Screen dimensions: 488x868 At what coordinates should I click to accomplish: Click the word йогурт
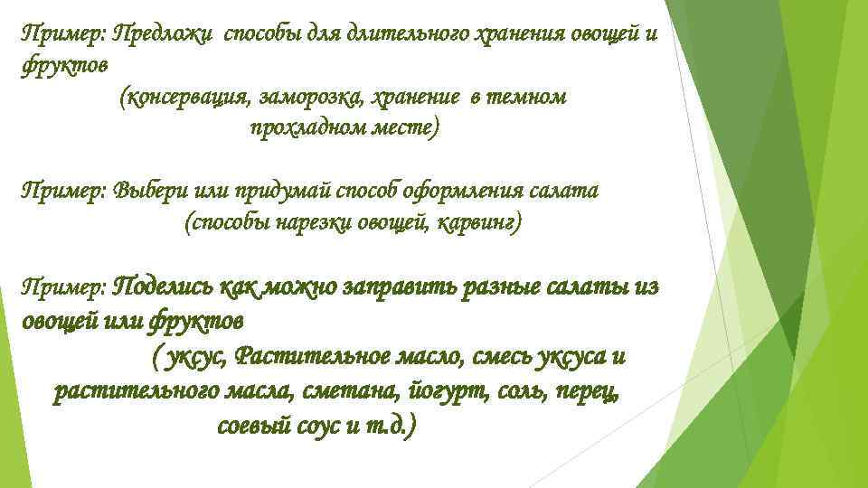tap(448, 391)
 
